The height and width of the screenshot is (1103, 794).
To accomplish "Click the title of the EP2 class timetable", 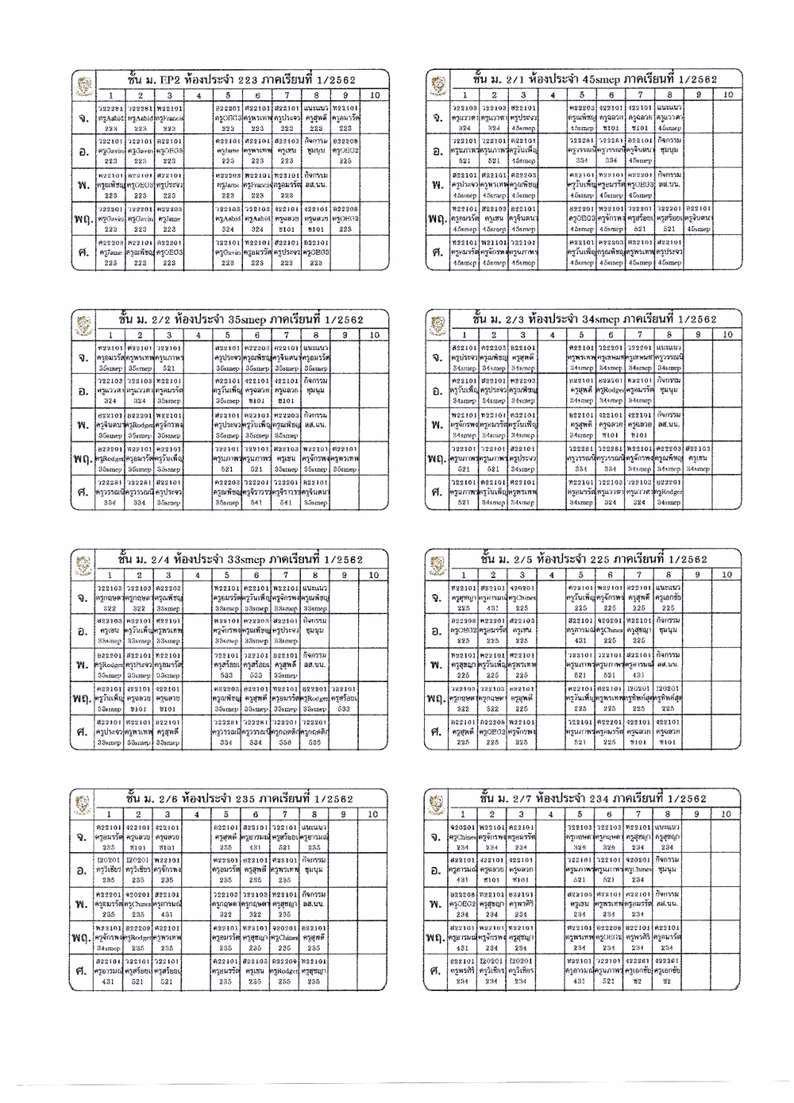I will coord(241,80).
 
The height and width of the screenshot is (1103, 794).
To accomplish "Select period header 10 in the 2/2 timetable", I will coord(373,334).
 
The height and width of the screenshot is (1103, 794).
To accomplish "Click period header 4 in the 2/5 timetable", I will coord(552,574).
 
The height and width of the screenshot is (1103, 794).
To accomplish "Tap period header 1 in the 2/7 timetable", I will coord(462,814).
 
